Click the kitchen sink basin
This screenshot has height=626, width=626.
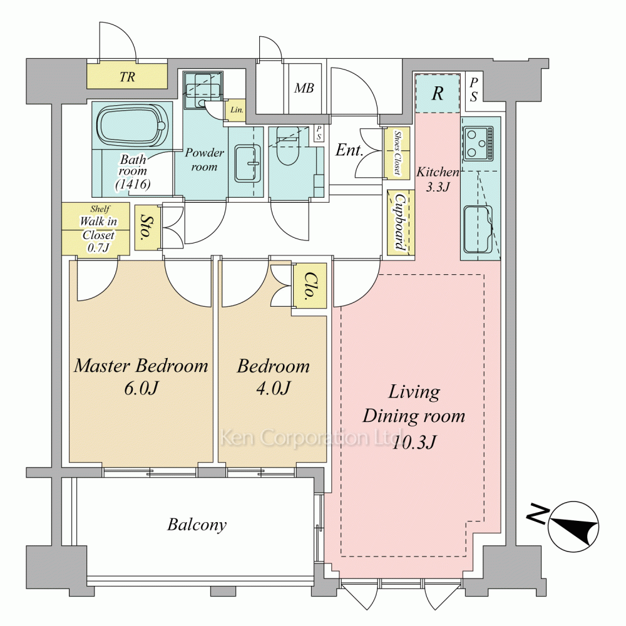click(x=478, y=229)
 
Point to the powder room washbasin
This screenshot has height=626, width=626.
click(x=248, y=163)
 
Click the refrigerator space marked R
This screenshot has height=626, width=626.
click(x=438, y=93)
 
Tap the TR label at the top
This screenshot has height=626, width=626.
click(x=127, y=76)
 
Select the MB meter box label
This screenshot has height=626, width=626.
click(x=304, y=88)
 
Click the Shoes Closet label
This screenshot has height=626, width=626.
click(x=398, y=153)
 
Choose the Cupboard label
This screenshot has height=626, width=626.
click(x=400, y=222)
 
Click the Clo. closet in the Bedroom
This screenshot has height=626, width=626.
click(x=309, y=285)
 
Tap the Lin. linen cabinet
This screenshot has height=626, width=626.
click(x=237, y=110)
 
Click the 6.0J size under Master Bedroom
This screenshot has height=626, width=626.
click(x=141, y=387)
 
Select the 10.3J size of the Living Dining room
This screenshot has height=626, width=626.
click(x=414, y=442)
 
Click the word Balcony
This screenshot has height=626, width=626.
click(x=197, y=525)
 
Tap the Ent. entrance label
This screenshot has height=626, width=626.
click(x=349, y=150)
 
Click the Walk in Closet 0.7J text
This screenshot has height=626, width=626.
click(x=98, y=234)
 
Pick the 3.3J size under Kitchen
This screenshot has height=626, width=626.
click(x=438, y=187)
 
